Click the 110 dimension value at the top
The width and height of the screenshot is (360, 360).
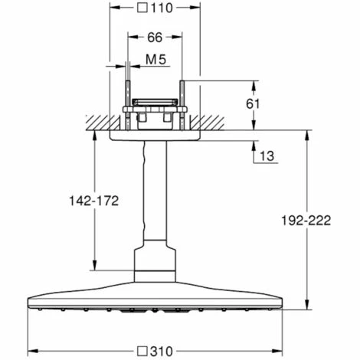tap(162, 8)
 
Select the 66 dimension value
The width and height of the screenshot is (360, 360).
tap(155, 38)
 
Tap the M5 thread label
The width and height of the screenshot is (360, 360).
tap(155, 60)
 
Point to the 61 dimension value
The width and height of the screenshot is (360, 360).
tap(253, 104)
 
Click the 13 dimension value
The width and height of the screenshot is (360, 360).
tap(267, 156)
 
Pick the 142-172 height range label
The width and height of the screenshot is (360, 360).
tap(94, 201)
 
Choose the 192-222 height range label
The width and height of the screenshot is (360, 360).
tap(306, 221)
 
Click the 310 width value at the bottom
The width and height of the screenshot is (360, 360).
tap(162, 352)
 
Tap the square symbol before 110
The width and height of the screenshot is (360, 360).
tap(142, 8)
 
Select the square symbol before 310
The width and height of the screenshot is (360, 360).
tap(142, 352)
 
